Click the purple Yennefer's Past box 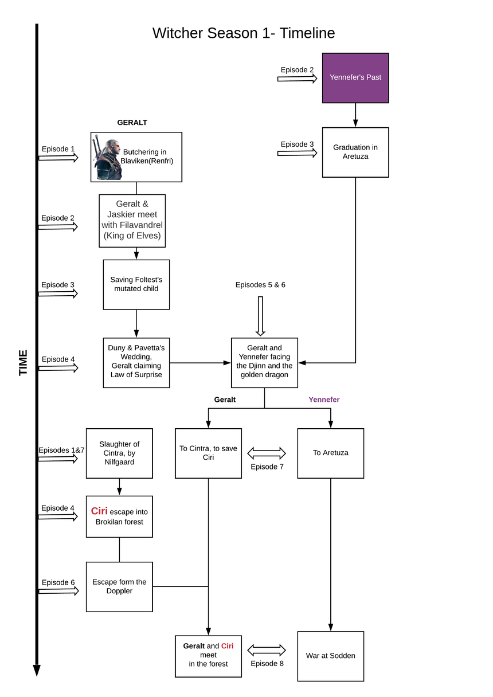(355, 78)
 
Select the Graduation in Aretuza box (355, 152)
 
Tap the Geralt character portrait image (108, 157)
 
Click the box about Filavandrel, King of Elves (132, 221)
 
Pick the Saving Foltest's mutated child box (136, 284)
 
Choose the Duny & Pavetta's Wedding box (136, 362)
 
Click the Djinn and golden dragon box (264, 362)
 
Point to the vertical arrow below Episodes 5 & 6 (260, 316)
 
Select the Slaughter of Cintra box (119, 453)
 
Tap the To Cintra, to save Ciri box (208, 453)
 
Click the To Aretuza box (330, 453)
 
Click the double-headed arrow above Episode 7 (267, 453)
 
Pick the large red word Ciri (99, 511)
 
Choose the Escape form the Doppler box (119, 586)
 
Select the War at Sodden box (330, 656)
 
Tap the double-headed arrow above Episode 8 (267, 650)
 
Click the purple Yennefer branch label (324, 400)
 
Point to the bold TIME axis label (23, 362)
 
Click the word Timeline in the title (307, 33)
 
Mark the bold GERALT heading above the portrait (132, 122)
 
